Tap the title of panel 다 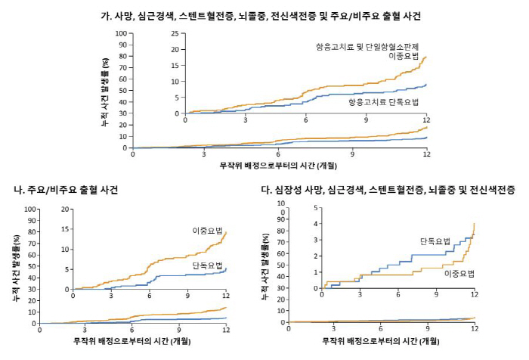[x=393, y=189]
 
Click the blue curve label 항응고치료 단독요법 [x=383, y=101]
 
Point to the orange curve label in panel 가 [x=371, y=51]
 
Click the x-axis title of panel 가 [x=278, y=164]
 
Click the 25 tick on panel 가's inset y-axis [x=177, y=50]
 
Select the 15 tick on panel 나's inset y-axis [x=66, y=229]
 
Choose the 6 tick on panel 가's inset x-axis [x=306, y=120]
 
